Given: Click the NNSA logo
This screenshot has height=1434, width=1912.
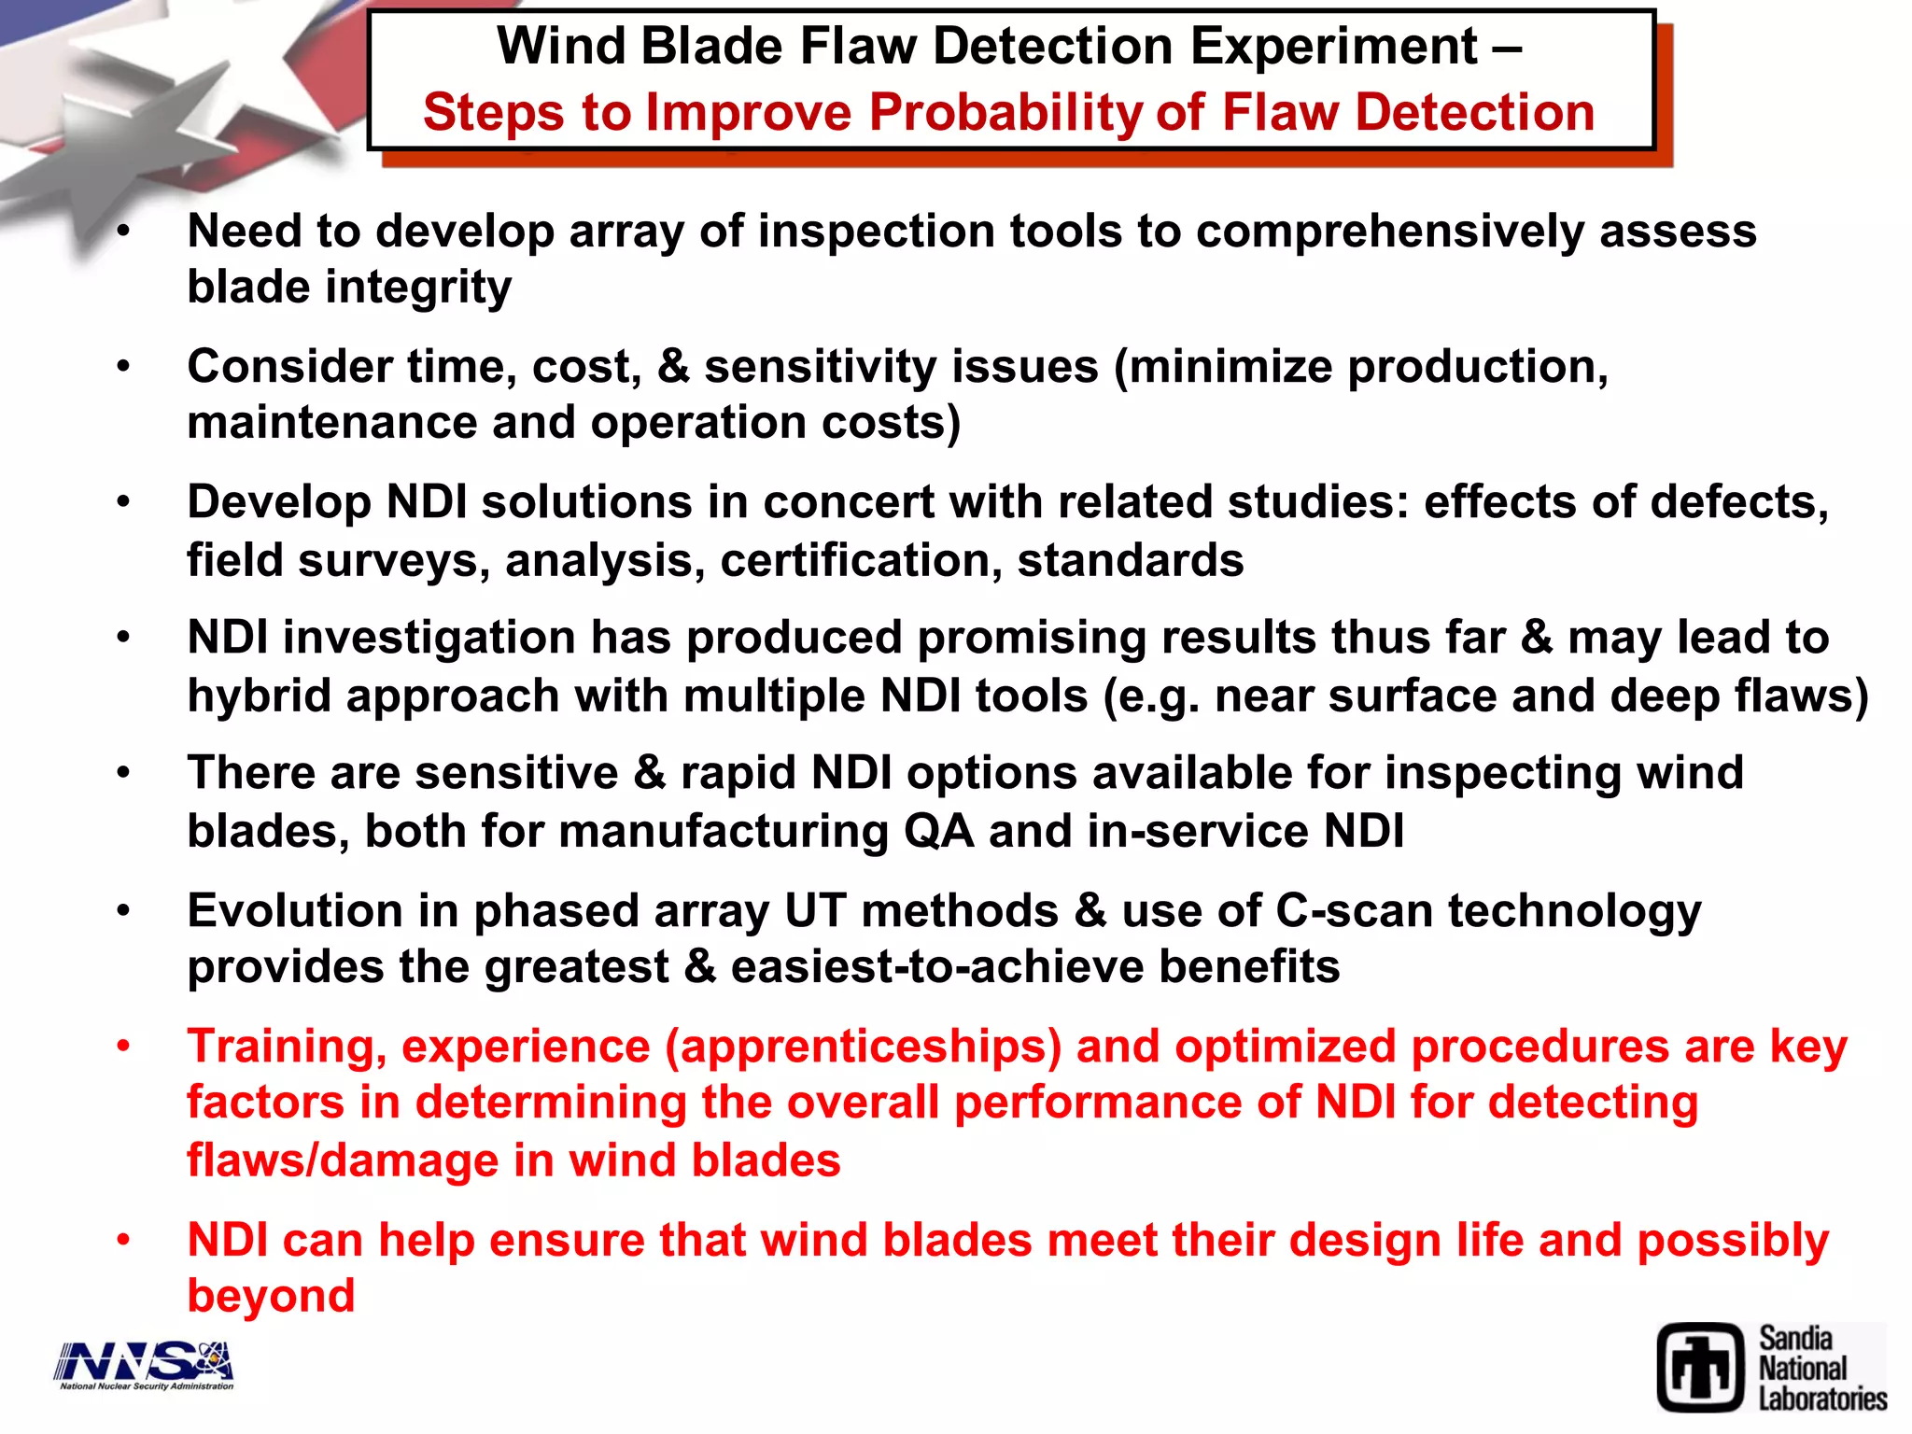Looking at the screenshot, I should (x=145, y=1364).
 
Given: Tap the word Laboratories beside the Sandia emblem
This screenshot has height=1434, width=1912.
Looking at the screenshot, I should (x=1822, y=1399).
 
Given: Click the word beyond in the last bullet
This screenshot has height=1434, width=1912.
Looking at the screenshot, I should (x=271, y=1297).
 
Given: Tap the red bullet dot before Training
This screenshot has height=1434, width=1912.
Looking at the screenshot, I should (x=123, y=1047).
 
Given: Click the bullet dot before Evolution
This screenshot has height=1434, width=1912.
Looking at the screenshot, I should (x=123, y=911).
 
